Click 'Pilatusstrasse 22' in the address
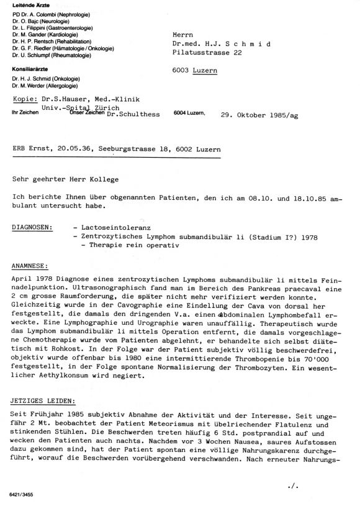[207, 54]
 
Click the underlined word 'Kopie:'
[24, 99]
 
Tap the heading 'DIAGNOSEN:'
[32, 228]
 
